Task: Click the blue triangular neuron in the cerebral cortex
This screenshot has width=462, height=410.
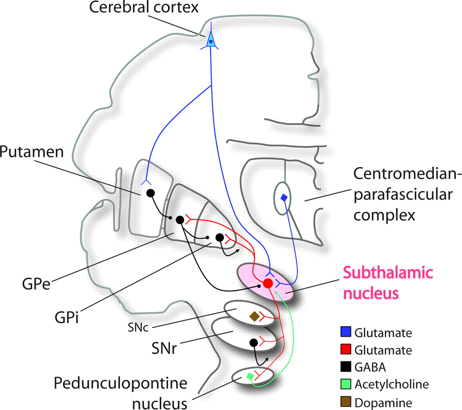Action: (x=211, y=41)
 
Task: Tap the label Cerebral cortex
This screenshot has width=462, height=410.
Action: (x=144, y=8)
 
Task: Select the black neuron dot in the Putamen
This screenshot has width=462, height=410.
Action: (x=151, y=193)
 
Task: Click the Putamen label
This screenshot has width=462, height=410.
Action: (x=32, y=152)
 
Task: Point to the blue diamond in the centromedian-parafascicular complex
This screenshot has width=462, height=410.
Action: (x=284, y=198)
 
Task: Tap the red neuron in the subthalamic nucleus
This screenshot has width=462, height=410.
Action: (x=268, y=283)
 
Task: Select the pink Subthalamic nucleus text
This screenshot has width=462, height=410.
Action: (x=388, y=283)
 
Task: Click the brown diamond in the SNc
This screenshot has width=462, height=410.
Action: (x=254, y=317)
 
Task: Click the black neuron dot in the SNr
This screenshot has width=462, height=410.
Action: (x=254, y=342)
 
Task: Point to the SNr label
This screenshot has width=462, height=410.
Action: (x=164, y=348)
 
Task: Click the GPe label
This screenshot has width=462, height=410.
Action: (x=36, y=285)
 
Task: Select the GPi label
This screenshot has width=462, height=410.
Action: (x=67, y=318)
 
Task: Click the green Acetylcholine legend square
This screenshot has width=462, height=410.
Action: (x=346, y=384)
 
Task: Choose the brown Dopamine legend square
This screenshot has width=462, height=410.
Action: (x=346, y=401)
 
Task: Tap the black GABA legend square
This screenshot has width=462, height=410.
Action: (x=346, y=367)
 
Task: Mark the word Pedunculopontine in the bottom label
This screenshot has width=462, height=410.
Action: (x=121, y=383)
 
